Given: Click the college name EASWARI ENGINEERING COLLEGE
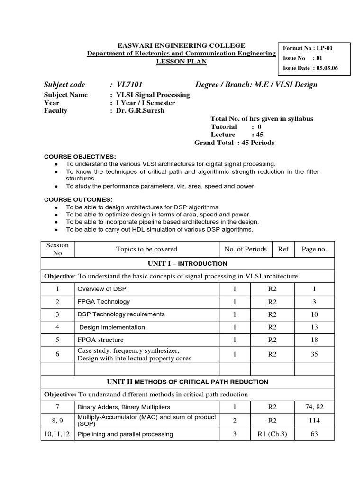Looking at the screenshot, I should [x=182, y=45].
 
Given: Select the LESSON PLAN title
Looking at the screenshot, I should [x=182, y=62].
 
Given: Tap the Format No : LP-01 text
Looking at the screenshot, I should [x=306, y=48].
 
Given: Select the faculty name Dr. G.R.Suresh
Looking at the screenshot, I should [x=137, y=111].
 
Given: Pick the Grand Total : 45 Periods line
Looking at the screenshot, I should [x=234, y=143].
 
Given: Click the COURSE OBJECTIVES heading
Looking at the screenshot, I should [x=80, y=156].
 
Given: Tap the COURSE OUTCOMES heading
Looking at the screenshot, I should [x=78, y=199].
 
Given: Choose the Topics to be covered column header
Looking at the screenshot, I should [x=146, y=249].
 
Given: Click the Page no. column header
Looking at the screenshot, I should [x=314, y=249].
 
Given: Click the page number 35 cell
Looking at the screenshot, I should [x=314, y=354].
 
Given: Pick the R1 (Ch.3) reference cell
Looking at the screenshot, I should [x=272, y=434].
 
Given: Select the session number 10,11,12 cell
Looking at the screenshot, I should [x=57, y=434].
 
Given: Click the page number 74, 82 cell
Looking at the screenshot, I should [x=314, y=407].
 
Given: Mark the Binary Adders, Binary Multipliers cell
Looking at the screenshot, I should [x=123, y=407].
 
